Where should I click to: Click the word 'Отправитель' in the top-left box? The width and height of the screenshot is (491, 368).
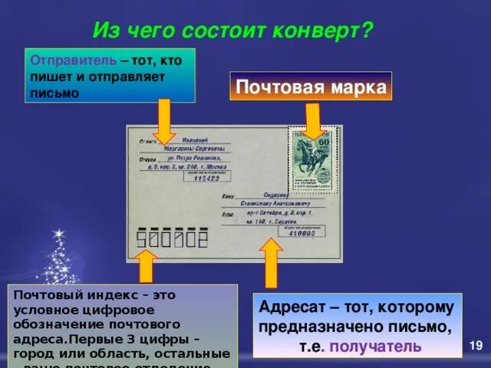73,61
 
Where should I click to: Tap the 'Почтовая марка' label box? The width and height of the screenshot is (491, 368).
310,87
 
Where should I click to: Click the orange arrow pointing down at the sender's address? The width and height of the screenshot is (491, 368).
164,117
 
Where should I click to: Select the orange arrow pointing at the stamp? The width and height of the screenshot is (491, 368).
313,120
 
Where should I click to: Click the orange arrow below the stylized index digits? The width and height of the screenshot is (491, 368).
146,268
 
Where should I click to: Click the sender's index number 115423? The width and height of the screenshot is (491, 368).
206,178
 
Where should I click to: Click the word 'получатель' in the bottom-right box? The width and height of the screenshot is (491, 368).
384,346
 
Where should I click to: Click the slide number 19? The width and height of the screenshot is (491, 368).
476,347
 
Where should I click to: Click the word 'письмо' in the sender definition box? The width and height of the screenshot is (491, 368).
54,93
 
